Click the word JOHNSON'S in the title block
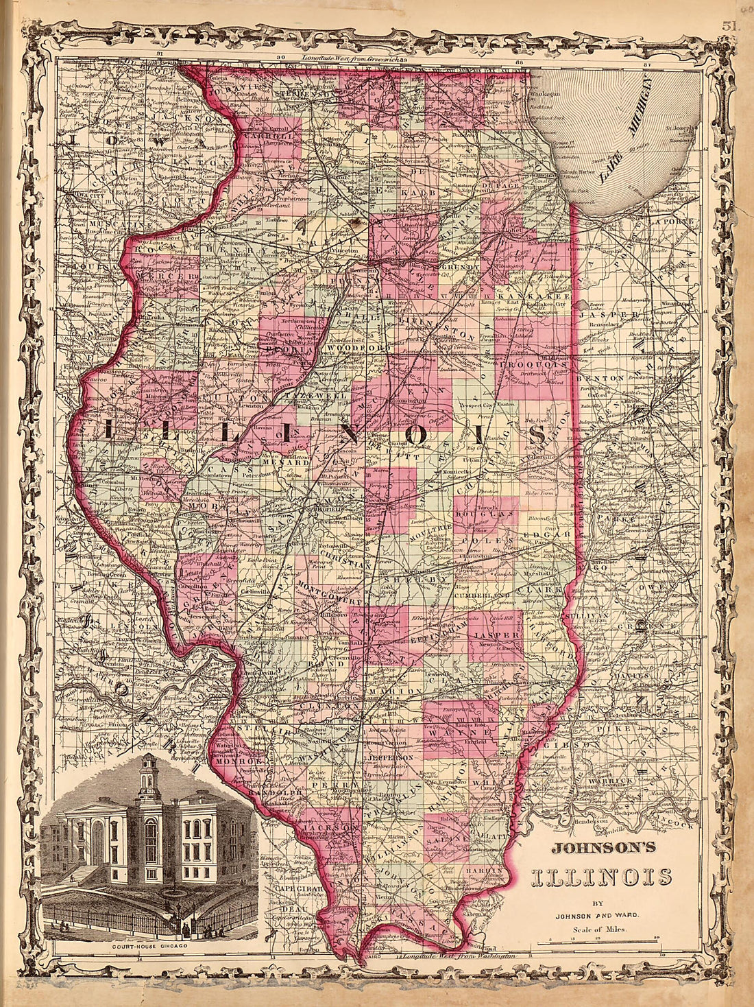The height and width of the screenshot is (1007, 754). tap(603, 849)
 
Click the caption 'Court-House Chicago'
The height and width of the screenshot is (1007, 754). tap(149, 947)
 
